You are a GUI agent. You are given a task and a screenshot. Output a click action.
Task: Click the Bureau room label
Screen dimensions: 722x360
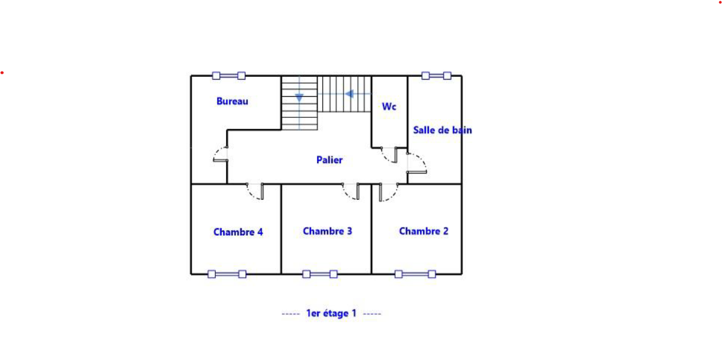click(232, 101)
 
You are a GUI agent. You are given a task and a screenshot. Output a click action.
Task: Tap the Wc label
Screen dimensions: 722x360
click(389, 106)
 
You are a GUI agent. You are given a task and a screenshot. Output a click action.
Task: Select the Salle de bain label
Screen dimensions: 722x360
click(443, 130)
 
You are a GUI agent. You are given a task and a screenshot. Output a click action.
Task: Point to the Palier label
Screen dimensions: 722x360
click(329, 160)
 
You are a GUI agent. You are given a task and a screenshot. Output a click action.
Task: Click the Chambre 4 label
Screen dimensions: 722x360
click(238, 232)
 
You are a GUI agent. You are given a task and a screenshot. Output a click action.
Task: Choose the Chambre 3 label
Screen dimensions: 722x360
click(328, 231)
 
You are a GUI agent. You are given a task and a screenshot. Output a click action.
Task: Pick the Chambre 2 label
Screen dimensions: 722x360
click(424, 231)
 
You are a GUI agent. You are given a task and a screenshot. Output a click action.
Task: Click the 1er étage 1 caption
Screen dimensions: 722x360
click(332, 313)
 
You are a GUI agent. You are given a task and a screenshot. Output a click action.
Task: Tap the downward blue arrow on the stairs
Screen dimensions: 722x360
click(299, 98)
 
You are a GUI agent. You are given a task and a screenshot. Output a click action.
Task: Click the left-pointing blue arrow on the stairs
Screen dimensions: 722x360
click(349, 94)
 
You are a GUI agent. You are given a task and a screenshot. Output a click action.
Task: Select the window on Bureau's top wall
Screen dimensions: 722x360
click(229, 76)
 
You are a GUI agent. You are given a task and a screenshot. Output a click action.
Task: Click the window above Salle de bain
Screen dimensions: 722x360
click(436, 76)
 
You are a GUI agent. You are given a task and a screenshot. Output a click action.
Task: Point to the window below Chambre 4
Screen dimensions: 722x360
click(227, 274)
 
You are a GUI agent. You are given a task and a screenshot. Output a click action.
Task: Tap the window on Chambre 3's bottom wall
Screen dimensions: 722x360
click(320, 274)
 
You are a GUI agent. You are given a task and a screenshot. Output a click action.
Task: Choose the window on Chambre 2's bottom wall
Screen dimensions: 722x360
click(415, 274)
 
